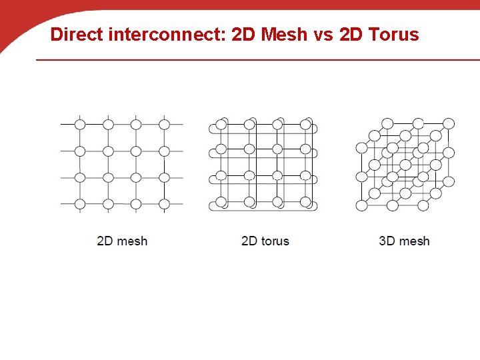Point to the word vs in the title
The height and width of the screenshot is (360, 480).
tap(322, 34)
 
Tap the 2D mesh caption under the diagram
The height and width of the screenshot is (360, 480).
tap(122, 241)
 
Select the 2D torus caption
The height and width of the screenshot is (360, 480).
tap(265, 241)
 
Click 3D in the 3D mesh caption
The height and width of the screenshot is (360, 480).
tap(387, 241)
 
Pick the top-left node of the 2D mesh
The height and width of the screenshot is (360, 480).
tap(80, 124)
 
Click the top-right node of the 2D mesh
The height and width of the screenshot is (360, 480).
tap(164, 124)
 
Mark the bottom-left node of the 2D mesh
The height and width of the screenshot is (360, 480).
tap(80, 204)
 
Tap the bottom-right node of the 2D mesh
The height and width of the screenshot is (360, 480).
tap(164, 204)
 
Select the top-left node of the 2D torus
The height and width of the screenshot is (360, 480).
tap(221, 124)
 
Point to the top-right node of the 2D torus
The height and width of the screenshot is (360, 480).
tap(305, 124)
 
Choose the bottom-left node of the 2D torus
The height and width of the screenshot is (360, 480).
tap(221, 203)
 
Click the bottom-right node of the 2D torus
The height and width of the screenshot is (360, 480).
tap(305, 203)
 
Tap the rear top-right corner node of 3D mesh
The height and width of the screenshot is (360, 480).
tap(449, 123)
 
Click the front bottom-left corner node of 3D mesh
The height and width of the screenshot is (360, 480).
tap(361, 205)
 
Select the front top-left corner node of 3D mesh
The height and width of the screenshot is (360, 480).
tap(361, 148)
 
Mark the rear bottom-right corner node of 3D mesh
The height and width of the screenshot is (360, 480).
tap(449, 181)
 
